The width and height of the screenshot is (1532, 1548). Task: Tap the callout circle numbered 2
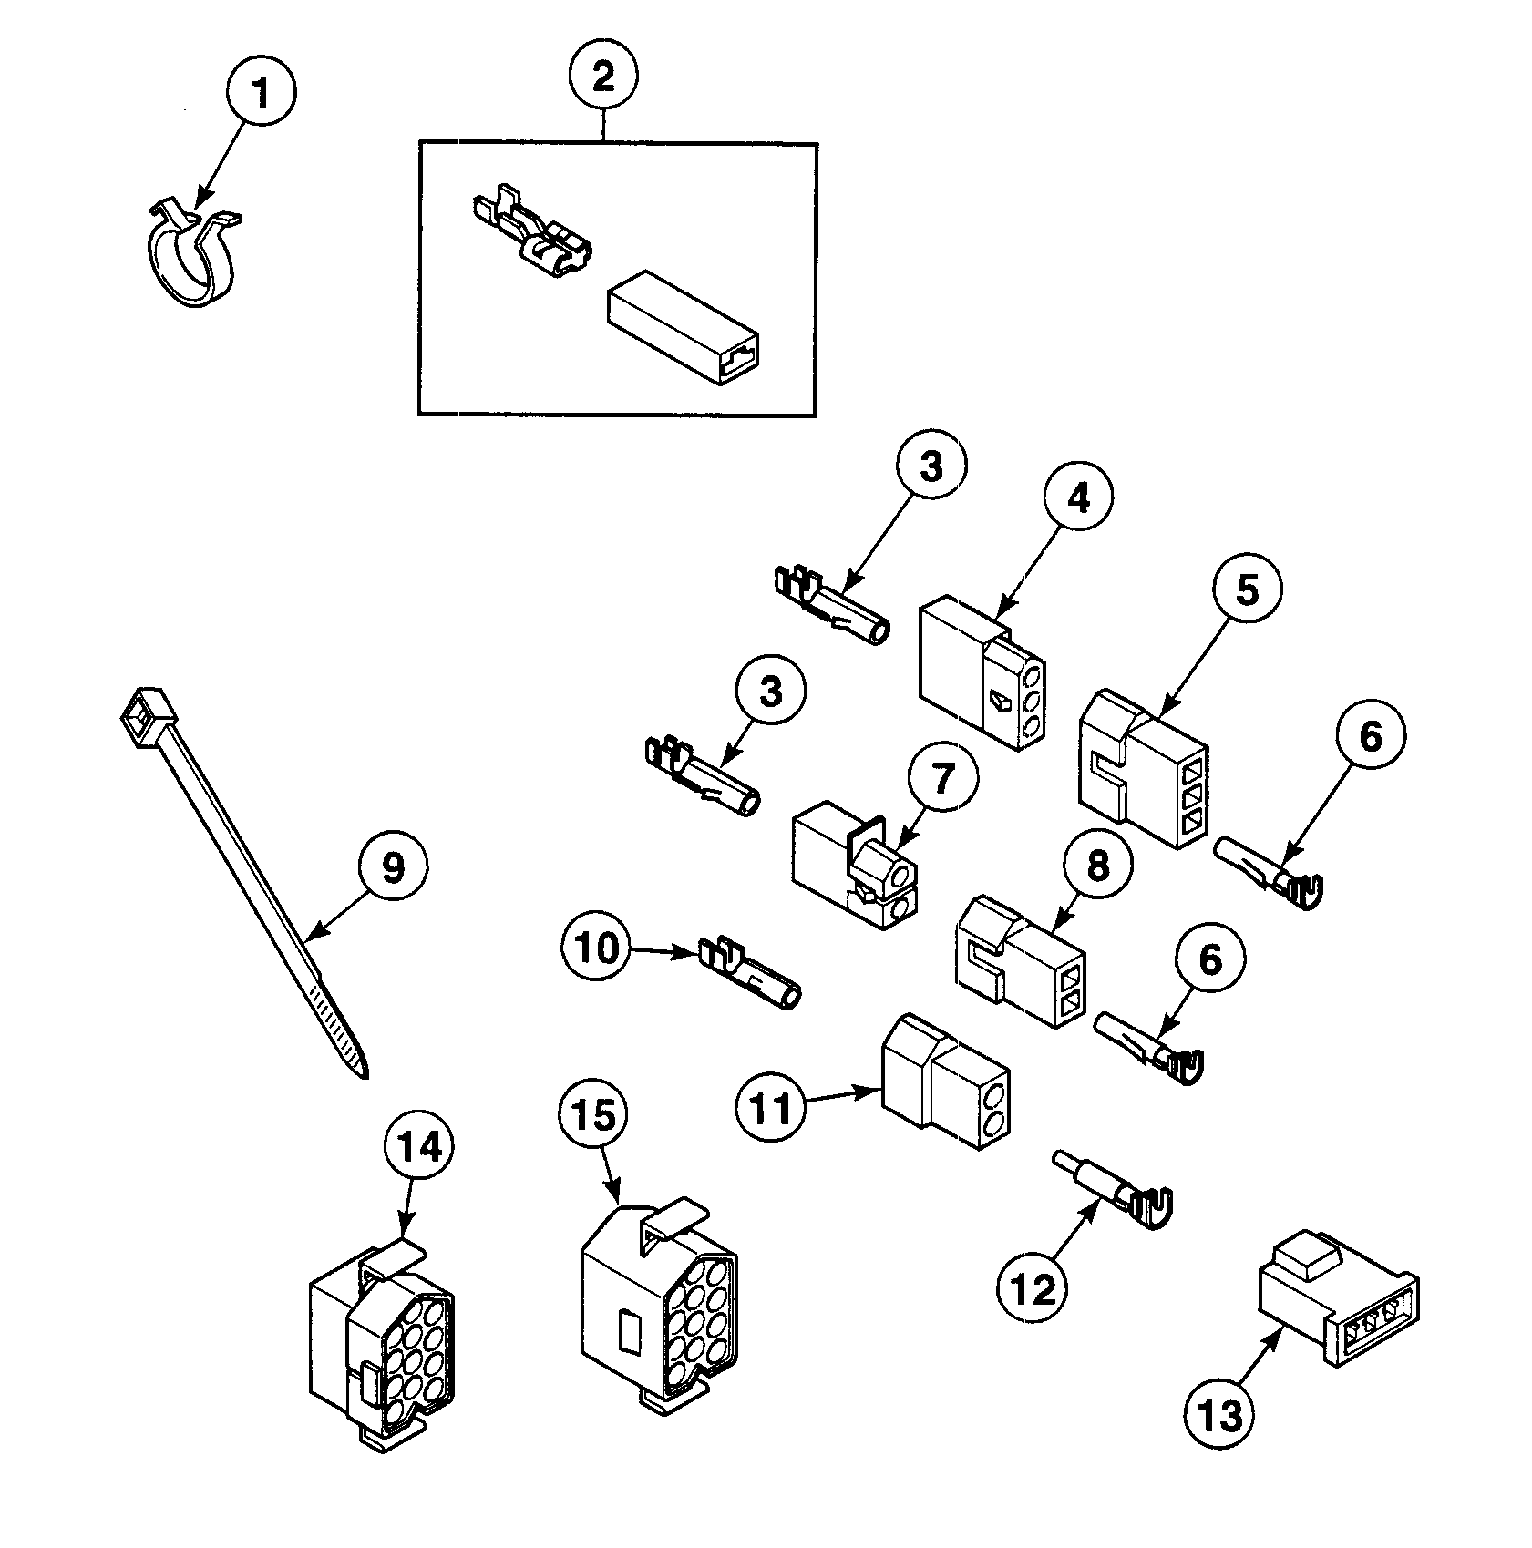[603, 76]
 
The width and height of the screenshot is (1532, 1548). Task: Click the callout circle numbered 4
[1077, 497]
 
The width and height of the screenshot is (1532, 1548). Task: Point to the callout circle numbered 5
[1246, 589]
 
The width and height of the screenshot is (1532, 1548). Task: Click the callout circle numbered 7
[942, 779]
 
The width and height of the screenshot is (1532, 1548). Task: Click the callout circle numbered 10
[598, 948]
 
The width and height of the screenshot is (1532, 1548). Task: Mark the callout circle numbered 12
[1033, 1287]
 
